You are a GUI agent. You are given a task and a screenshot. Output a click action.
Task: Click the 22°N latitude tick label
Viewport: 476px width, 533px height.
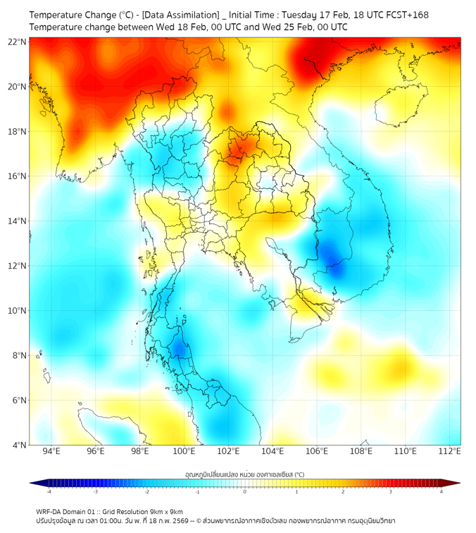pyautogui.click(x=17, y=42)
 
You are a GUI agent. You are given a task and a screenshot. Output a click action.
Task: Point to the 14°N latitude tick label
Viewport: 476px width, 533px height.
pyautogui.click(x=17, y=221)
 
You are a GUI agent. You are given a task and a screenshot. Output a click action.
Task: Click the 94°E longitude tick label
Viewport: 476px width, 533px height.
pyautogui.click(x=51, y=451)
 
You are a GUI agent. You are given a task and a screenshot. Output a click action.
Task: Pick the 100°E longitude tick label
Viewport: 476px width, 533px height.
pyautogui.click(x=184, y=451)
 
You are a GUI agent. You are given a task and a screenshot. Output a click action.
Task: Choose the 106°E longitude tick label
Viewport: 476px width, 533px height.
pyautogui.click(x=317, y=451)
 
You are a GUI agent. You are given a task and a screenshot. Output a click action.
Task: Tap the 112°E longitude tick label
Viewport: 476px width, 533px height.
pyautogui.click(x=450, y=451)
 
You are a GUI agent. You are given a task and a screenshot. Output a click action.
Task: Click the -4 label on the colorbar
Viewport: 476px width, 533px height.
pyautogui.click(x=49, y=491)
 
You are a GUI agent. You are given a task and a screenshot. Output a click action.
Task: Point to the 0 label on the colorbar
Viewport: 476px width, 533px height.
pyautogui.click(x=245, y=491)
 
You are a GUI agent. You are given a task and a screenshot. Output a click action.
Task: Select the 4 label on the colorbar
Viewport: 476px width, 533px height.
pyautogui.click(x=441, y=491)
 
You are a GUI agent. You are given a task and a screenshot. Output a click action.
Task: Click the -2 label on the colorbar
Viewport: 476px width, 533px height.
pyautogui.click(x=146, y=491)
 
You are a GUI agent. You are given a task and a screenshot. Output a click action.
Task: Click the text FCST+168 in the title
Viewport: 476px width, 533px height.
pyautogui.click(x=403, y=15)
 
